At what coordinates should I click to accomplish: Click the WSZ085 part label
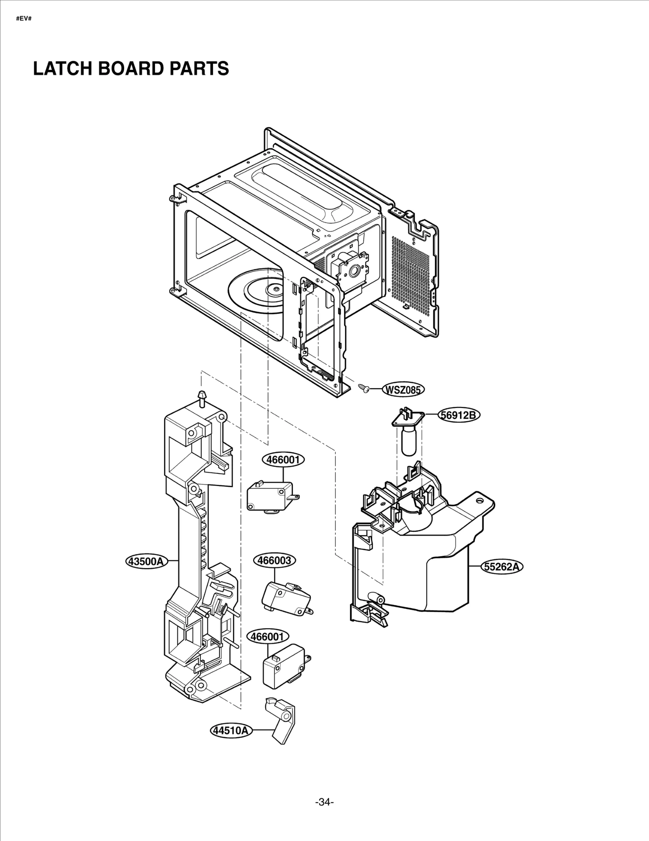click(x=403, y=390)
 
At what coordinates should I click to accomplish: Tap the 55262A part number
click(x=502, y=567)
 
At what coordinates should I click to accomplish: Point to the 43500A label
click(x=146, y=561)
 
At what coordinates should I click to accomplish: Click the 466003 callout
click(x=275, y=560)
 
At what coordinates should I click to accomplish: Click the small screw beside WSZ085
click(x=364, y=388)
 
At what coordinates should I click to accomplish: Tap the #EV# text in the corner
click(x=24, y=19)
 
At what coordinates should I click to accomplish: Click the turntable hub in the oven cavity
click(x=275, y=289)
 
